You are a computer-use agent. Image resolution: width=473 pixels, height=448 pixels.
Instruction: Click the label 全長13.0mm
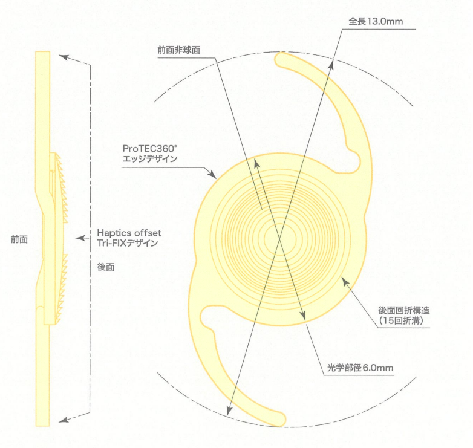[x=376, y=21]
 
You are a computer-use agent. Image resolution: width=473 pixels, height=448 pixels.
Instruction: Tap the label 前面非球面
[x=179, y=50]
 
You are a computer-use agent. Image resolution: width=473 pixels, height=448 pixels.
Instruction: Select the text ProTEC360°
[x=150, y=148]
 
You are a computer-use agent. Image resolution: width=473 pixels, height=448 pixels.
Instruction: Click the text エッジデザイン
[x=150, y=158]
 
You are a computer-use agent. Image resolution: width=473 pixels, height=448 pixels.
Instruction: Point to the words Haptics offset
[x=129, y=233]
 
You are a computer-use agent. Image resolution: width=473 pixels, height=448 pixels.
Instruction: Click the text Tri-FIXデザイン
[x=128, y=243]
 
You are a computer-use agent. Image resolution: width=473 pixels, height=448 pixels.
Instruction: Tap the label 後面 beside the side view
[x=106, y=267]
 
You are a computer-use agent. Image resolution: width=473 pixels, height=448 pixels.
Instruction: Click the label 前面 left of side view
[x=19, y=239]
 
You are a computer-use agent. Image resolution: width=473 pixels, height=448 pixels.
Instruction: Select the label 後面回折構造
[x=404, y=310]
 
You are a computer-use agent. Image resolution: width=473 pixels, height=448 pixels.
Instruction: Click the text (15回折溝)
[x=401, y=320]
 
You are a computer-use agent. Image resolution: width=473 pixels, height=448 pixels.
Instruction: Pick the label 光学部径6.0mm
[x=360, y=368]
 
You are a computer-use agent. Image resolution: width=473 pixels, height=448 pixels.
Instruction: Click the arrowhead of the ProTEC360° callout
[x=213, y=174]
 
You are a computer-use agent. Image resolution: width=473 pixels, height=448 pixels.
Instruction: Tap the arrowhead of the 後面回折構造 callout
[x=345, y=282]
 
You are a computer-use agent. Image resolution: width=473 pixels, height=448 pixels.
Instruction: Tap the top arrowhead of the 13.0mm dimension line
[x=332, y=64]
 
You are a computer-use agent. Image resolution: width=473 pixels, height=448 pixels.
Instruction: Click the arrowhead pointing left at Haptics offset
[x=80, y=238]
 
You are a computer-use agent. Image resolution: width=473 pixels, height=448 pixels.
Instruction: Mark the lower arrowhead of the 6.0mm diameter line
[x=303, y=316]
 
